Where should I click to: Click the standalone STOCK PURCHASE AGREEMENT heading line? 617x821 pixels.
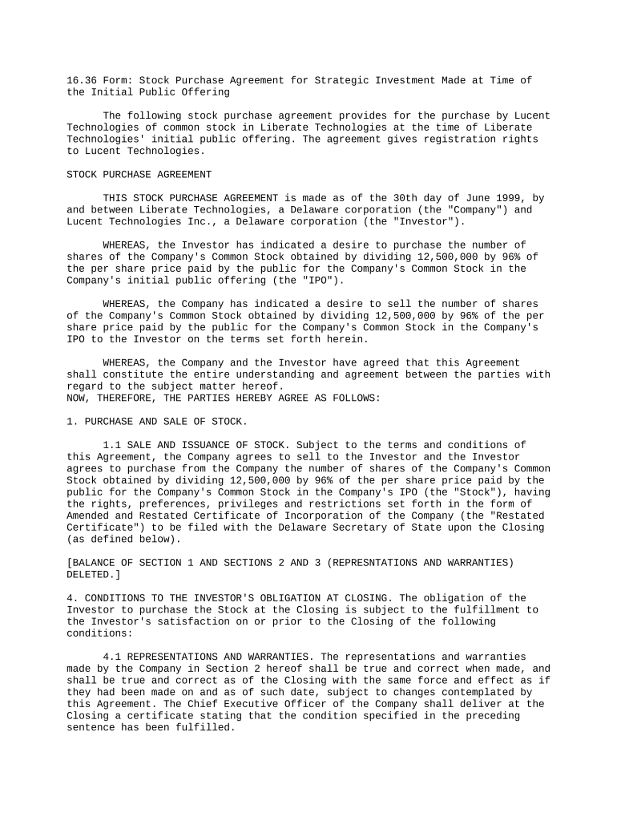[139, 174]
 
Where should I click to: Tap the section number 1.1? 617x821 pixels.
[112, 445]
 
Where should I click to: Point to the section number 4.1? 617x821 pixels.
[112, 657]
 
